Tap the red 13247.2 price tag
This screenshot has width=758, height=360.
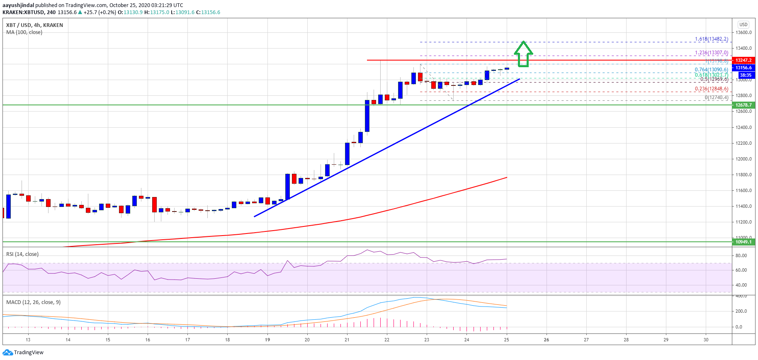pyautogui.click(x=743, y=60)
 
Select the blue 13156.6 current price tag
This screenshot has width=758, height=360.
pyautogui.click(x=743, y=68)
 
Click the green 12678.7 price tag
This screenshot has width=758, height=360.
pyautogui.click(x=743, y=105)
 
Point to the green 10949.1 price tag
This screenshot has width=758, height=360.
pyautogui.click(x=743, y=242)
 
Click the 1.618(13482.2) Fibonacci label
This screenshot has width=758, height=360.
pyautogui.click(x=711, y=39)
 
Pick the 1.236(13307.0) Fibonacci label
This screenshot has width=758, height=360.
pyautogui.click(x=711, y=53)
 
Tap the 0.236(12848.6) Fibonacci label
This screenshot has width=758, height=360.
pyautogui.click(x=711, y=89)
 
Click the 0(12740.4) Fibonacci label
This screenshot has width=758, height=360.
pyautogui.click(x=716, y=97)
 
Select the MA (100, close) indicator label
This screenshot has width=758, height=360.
pyautogui.click(x=24, y=32)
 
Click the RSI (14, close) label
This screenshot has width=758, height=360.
pyautogui.click(x=22, y=254)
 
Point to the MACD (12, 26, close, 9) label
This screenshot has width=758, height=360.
pyautogui.click(x=33, y=302)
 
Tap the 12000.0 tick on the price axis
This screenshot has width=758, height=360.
pyautogui.click(x=743, y=159)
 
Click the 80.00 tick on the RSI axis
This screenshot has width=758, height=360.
pyautogui.click(x=741, y=255)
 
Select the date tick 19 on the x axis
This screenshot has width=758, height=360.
pyautogui.click(x=267, y=340)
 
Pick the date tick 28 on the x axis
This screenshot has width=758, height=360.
pyautogui.click(x=626, y=340)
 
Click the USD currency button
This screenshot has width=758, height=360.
pyautogui.click(x=743, y=24)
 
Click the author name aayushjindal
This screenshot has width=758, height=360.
pyautogui.click(x=18, y=5)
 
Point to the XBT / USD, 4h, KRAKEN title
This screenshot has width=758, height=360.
pyautogui.click(x=34, y=25)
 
